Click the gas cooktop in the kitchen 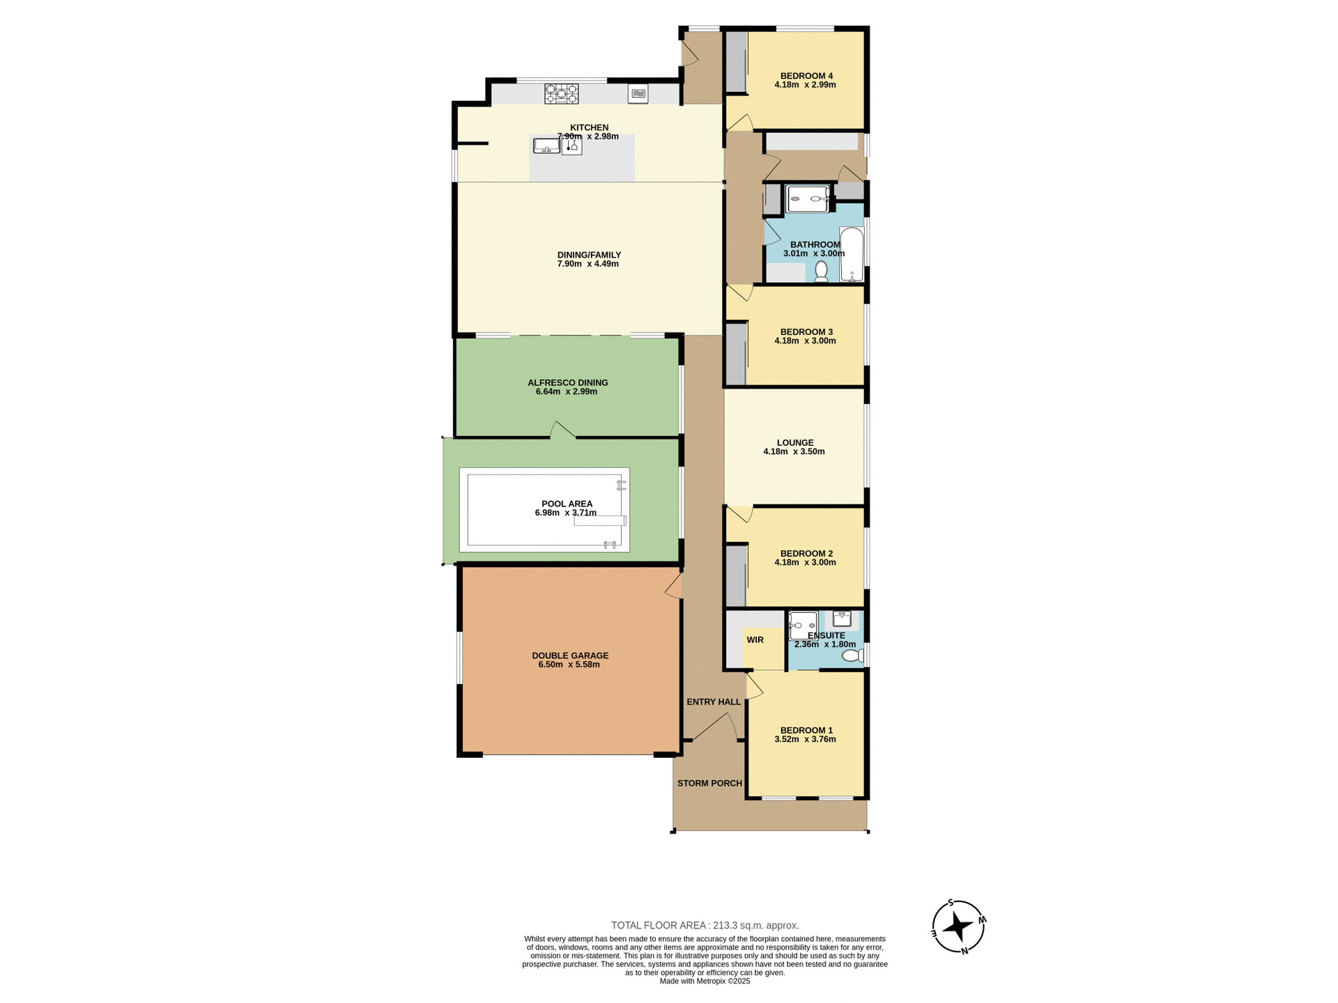tap(561, 93)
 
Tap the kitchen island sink tap(546, 146)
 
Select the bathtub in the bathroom tap(852, 254)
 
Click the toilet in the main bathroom tap(821, 271)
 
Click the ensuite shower tap(803, 625)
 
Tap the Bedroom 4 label tap(806, 76)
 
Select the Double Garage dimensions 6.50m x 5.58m tap(569, 664)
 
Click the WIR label tap(755, 639)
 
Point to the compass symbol tap(958, 926)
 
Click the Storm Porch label tap(709, 783)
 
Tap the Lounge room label tap(794, 442)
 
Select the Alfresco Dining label tap(567, 382)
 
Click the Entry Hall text tap(713, 701)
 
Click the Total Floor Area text tap(705, 925)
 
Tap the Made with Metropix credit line tap(705, 981)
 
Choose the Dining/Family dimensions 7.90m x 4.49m tap(587, 264)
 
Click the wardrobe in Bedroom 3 tap(735, 354)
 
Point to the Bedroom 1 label tap(806, 730)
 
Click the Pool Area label tap(567, 504)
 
